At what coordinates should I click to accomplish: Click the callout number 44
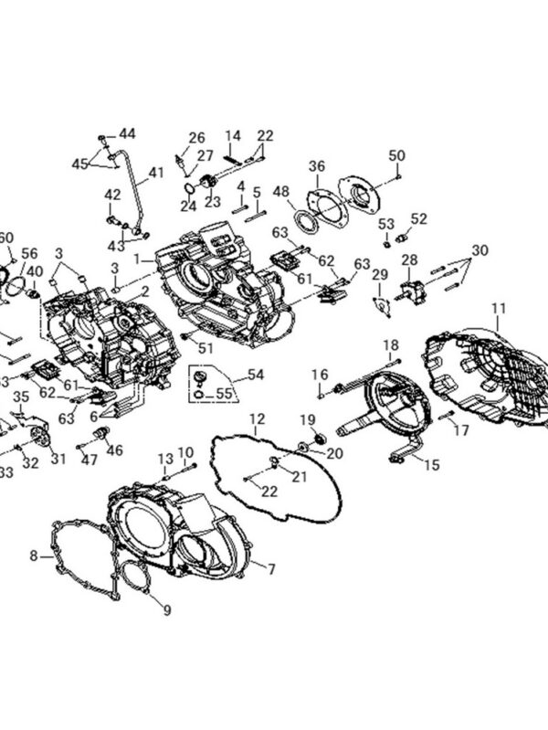click(x=126, y=133)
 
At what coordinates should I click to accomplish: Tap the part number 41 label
click(x=156, y=171)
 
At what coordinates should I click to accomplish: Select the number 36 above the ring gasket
click(x=316, y=166)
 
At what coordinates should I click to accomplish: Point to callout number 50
click(x=395, y=155)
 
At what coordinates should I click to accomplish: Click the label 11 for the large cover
click(x=498, y=308)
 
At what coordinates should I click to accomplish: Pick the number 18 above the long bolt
click(x=391, y=344)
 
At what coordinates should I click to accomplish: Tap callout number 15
click(x=431, y=465)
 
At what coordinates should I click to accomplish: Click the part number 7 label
click(x=269, y=568)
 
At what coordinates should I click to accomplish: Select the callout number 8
click(x=34, y=555)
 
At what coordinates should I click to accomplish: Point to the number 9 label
click(x=165, y=609)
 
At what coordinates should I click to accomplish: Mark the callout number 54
click(x=255, y=375)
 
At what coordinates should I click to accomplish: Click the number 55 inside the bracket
click(x=224, y=394)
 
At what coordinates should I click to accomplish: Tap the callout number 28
click(x=409, y=259)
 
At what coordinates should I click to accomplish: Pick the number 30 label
click(x=480, y=250)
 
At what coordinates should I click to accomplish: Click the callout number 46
click(x=114, y=450)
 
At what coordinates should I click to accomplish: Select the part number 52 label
click(x=418, y=218)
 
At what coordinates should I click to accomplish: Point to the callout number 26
click(x=197, y=138)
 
